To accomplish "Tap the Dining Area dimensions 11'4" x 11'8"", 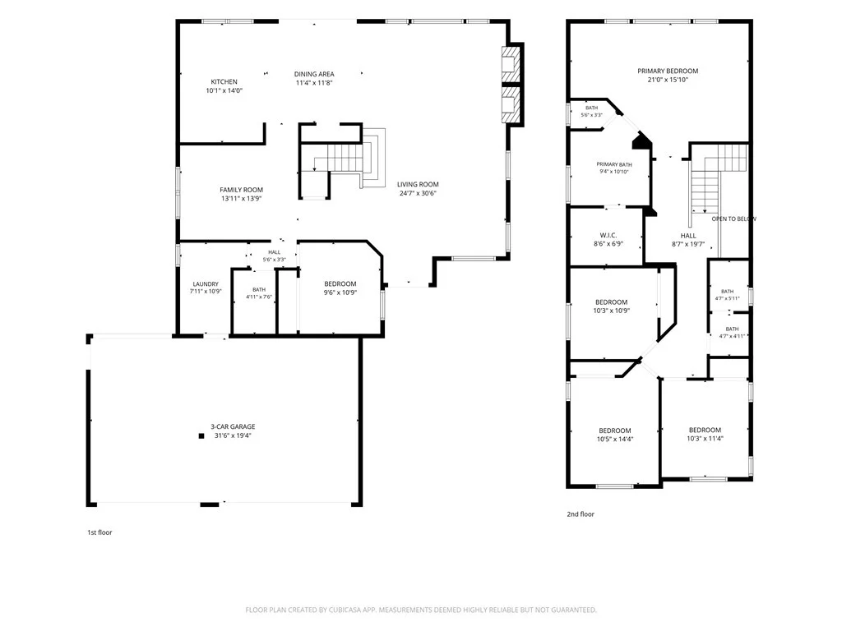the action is coord(314,83).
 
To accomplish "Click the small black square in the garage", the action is coord(201,436).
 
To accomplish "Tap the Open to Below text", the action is coord(733,219).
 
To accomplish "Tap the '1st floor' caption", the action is coord(99,532).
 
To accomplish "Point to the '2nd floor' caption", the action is coord(581,514).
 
